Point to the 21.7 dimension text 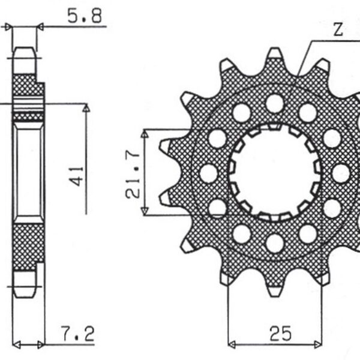tap(133, 173)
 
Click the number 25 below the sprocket tap(276, 331)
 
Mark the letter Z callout tap(338, 30)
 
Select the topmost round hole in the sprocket tap(274, 103)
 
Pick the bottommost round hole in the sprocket tap(274, 243)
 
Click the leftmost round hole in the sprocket tap(208, 173)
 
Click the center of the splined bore tap(274, 173)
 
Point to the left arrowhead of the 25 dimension tap(232, 345)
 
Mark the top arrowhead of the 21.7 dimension tap(144, 131)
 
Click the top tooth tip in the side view tap(24, 49)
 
